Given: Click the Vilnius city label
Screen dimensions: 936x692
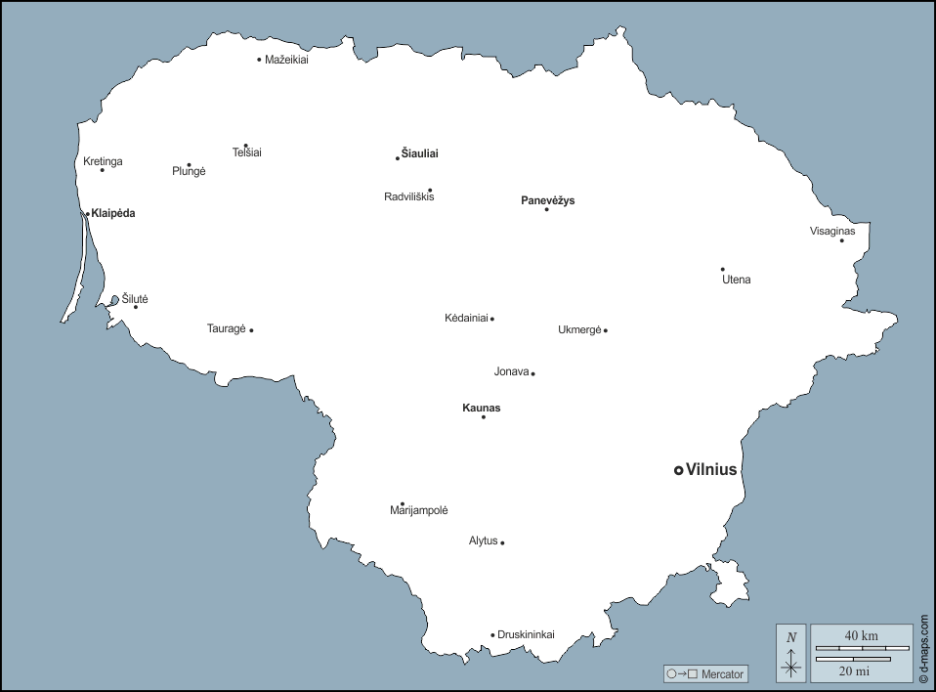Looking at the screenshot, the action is [711, 470].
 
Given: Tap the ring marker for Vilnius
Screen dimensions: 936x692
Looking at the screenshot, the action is [678, 470].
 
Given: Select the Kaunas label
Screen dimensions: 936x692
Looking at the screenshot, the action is [481, 408].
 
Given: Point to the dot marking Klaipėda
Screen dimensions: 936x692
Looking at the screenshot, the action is [87, 214].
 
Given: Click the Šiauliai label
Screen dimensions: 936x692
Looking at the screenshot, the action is [420, 153].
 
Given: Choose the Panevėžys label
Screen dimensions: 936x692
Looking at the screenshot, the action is [547, 200].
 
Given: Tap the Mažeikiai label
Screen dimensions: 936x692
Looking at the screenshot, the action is [286, 60].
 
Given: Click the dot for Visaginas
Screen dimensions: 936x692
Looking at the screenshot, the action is [841, 240].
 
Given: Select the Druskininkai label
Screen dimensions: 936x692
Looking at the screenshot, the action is [526, 634].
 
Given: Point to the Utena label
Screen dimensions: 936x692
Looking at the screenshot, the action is [737, 280].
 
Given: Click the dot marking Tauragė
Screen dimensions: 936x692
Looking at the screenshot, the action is [251, 330].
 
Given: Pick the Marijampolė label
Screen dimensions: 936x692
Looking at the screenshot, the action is [418, 510].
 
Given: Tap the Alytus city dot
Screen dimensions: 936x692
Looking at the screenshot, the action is [502, 542].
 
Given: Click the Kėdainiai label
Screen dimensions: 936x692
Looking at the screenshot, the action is [466, 318].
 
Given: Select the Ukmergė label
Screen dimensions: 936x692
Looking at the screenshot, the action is [579, 329].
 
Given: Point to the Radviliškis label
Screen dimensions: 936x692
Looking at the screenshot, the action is [408, 196].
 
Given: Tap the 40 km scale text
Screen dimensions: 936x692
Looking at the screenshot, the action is [861, 636].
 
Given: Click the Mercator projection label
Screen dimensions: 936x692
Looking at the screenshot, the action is [721, 673].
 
